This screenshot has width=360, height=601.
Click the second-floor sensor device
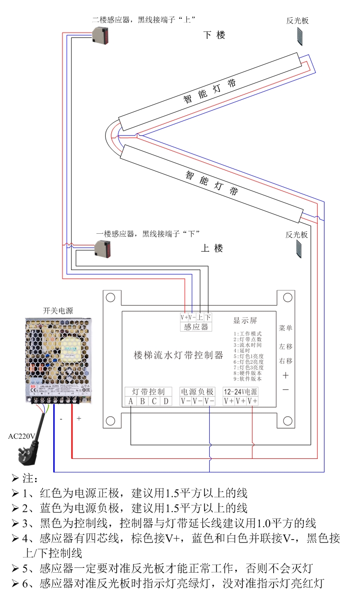102,35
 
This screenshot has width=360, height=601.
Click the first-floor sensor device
104,248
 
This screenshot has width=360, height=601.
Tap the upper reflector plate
301,36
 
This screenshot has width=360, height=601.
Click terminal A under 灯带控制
131,401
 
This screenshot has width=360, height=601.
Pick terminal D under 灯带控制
166,401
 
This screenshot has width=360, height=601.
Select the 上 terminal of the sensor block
200,317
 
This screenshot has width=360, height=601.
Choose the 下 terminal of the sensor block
208,317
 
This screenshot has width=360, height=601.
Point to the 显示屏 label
245,321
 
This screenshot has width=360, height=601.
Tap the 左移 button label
286,346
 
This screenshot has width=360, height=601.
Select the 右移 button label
286,361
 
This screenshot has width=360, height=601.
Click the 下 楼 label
214,35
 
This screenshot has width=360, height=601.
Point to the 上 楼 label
212,248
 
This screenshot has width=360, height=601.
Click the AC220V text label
22,436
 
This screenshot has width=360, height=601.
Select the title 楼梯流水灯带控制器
178,356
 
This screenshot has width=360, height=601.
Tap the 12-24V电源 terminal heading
241,392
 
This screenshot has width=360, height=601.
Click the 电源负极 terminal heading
197,392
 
